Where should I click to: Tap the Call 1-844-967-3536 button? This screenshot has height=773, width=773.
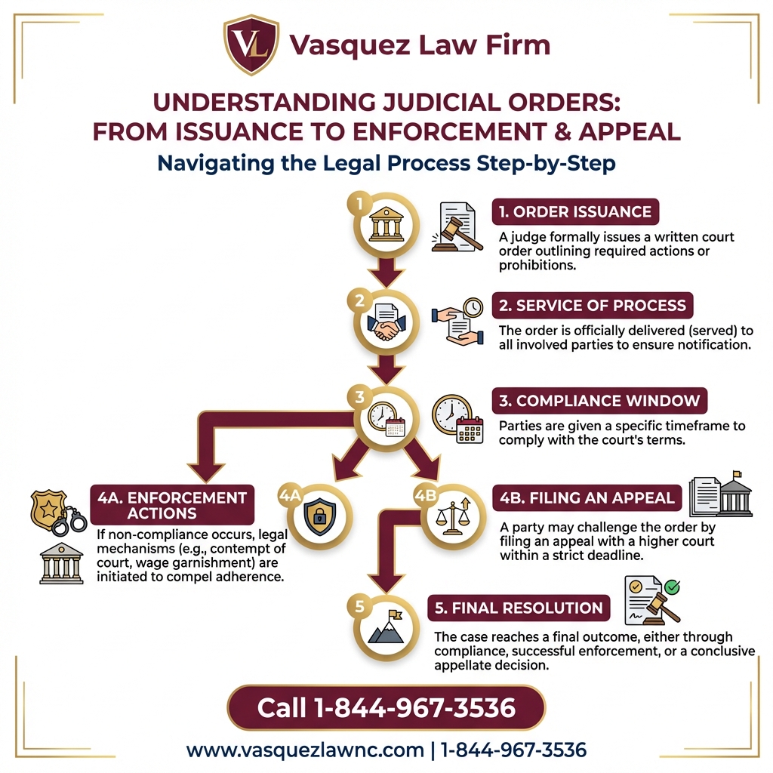[386, 707]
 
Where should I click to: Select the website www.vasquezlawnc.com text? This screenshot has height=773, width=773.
[305, 750]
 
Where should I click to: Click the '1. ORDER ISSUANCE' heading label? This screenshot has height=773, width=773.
[575, 211]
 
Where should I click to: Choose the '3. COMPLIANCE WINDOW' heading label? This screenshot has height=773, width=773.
[597, 400]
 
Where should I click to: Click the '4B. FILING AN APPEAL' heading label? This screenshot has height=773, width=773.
[587, 498]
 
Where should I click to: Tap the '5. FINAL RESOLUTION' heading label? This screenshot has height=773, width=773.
[518, 608]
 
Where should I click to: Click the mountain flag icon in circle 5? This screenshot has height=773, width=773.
[386, 627]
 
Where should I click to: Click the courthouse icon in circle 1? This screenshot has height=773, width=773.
[386, 224]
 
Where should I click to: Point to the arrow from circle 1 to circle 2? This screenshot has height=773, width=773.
[386, 272]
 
